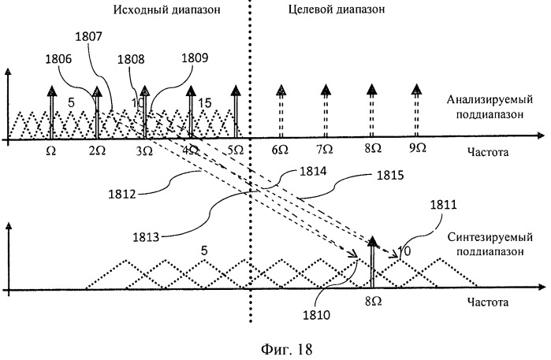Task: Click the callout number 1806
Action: click(x=58, y=59)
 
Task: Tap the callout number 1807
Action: click(x=88, y=37)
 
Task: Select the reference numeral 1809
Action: click(x=195, y=58)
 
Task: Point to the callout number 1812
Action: click(x=122, y=194)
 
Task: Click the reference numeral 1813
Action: click(x=146, y=237)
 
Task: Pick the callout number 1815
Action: click(x=390, y=175)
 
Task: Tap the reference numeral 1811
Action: click(x=444, y=205)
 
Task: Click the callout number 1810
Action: click(x=317, y=315)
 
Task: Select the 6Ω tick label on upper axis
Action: click(x=280, y=150)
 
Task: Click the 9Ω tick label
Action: click(x=418, y=148)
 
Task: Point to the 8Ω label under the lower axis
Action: click(x=373, y=302)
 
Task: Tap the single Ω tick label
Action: click(x=51, y=151)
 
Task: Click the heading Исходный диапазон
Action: click(x=166, y=9)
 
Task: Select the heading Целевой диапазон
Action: click(x=337, y=9)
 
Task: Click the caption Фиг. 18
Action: click(x=287, y=349)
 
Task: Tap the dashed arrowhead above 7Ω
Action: click(x=326, y=90)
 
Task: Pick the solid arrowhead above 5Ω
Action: click(x=236, y=91)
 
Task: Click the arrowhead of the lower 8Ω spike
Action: click(x=373, y=242)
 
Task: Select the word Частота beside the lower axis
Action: click(x=488, y=302)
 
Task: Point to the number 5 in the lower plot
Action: click(x=204, y=251)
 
